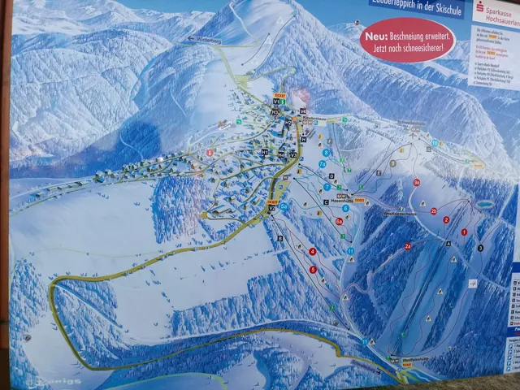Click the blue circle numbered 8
coord(326,152)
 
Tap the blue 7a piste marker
coord(323,164)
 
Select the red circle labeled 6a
coord(339,221)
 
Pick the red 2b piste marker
coord(434,211)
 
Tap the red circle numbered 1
coord(465,232)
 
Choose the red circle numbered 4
coord(313,251)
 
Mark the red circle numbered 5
coord(313,269)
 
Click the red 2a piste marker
coord(408,245)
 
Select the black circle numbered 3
coord(480,247)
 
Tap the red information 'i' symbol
coord(210,152)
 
